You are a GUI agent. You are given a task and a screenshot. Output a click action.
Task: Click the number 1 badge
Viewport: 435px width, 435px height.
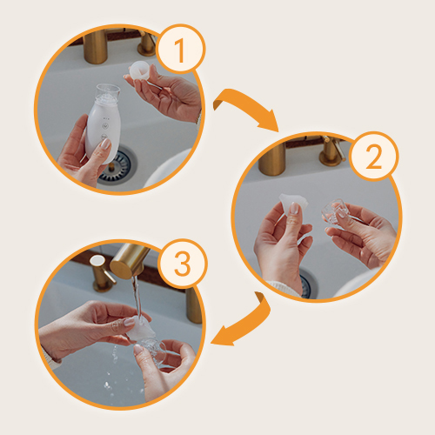180,49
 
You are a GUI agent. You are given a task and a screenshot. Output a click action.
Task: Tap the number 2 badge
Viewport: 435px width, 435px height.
373,157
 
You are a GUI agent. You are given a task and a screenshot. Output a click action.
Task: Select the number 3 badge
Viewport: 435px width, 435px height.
182,264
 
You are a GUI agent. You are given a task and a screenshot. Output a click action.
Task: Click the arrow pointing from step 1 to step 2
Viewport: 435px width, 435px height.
246,106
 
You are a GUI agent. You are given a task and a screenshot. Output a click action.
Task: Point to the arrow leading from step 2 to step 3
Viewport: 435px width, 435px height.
250,322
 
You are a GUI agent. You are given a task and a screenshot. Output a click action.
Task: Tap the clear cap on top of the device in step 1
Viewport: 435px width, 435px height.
107,94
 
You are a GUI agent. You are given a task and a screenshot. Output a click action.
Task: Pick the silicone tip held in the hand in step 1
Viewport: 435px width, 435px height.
141,70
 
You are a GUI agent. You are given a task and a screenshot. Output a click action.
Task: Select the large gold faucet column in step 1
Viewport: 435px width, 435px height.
96,46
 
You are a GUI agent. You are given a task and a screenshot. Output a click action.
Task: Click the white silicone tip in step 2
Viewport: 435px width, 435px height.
292,203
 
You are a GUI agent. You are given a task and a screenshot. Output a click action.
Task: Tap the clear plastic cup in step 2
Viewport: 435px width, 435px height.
333,211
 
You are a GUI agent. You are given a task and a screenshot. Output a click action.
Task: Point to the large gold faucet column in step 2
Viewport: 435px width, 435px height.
271,158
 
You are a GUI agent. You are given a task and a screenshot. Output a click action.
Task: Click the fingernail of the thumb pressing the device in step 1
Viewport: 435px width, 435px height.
105,144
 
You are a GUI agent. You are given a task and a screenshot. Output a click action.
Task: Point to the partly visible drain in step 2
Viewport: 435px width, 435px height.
307,284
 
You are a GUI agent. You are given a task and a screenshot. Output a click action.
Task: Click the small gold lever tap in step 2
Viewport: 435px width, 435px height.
332,151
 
